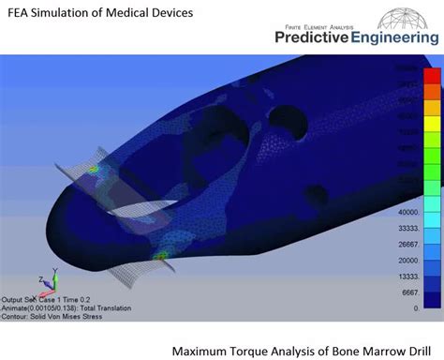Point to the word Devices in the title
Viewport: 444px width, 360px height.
click(169, 13)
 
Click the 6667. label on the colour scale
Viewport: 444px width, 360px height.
click(408, 292)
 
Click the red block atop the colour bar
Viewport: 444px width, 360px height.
click(432, 74)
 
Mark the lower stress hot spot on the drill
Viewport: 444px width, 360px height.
click(161, 254)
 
